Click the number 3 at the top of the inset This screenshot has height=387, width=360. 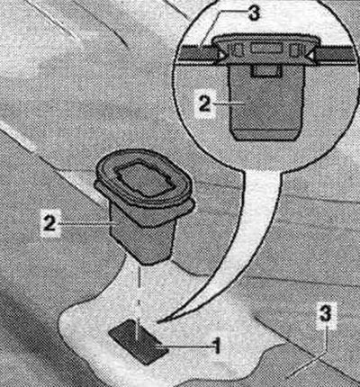254,13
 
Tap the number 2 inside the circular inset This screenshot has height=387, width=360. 205,103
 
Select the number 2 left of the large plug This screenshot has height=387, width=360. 49,222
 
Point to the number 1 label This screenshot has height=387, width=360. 216,347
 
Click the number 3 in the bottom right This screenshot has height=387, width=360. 326,314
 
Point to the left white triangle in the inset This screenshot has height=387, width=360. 221,55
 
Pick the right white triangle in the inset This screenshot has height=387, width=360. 310,56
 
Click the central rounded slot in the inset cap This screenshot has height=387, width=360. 266,49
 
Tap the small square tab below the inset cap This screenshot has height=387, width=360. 266,71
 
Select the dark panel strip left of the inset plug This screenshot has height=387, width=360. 197,53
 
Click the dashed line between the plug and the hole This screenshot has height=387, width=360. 139,300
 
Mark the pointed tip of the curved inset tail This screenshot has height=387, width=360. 157,322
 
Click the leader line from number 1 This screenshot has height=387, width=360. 184,347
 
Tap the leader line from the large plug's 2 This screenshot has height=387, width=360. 86,223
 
